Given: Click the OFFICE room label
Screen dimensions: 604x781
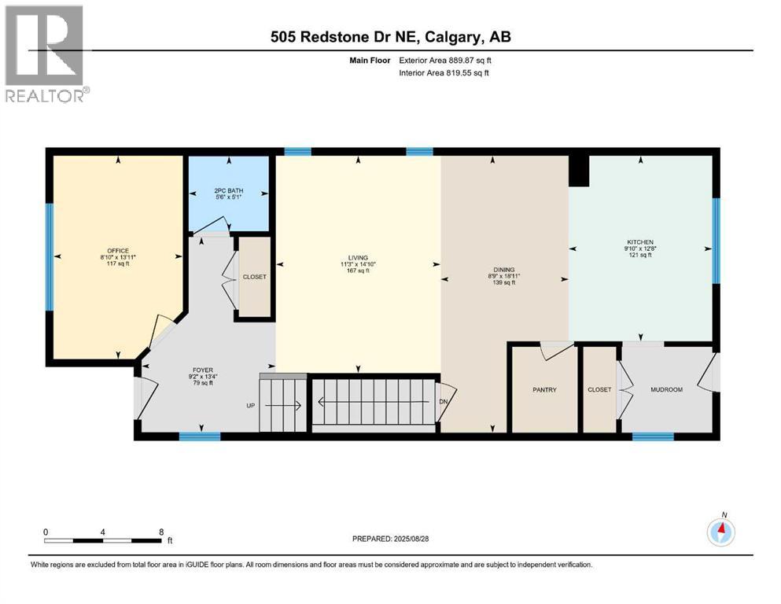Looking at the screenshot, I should pos(118,251).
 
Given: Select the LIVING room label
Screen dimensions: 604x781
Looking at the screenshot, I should pos(359,257).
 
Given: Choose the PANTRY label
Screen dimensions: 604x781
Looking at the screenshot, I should pos(544,390).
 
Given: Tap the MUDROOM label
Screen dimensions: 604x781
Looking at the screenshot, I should pos(666,390).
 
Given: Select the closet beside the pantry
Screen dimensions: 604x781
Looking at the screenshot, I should pos(599,390).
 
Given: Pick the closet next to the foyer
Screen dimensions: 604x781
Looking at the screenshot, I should pos(254,278).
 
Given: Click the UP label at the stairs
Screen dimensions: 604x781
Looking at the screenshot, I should pos(250,406).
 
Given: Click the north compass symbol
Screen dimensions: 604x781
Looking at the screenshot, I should pos(720,533).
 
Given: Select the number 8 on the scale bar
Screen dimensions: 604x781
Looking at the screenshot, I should pos(160,532).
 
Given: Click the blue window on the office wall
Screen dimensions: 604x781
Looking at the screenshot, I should pos(49,256).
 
